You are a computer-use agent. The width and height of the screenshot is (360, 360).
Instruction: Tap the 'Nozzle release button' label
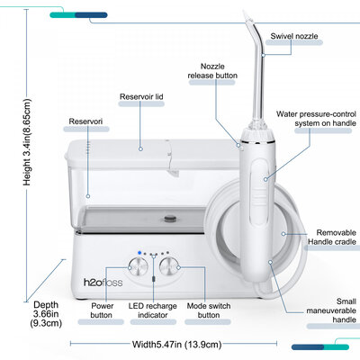click(x=213, y=71)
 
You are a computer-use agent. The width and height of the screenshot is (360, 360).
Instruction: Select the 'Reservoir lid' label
click(x=140, y=96)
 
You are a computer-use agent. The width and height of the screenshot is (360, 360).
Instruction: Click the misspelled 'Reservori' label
click(x=87, y=121)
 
